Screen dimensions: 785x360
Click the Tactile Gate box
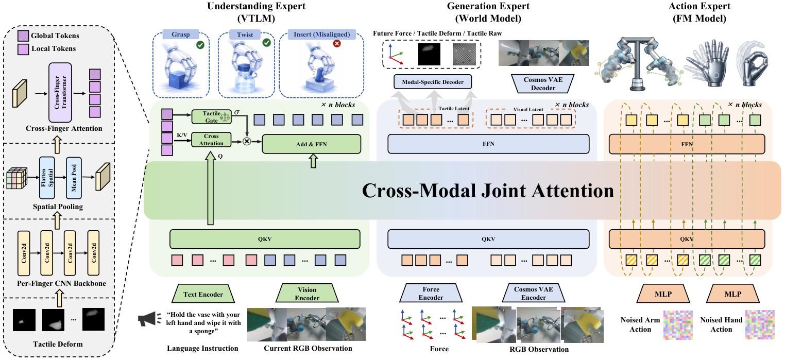coord(211,117)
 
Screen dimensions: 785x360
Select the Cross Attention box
coord(211,140)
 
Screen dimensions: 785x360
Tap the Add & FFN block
coord(311,144)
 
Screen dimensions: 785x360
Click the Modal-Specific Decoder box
coord(433,82)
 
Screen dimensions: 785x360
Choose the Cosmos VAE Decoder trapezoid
coord(543,84)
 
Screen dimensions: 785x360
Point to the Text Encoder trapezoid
coord(203,294)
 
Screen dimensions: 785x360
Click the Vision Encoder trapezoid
coord(307,294)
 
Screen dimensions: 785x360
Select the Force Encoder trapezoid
coord(431,293)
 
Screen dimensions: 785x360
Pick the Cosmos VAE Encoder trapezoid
coord(534,293)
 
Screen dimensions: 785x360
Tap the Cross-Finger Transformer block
coord(60,93)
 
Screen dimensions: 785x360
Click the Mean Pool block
coord(74,178)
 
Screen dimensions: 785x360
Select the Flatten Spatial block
coord(47,178)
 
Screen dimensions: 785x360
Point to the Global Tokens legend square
coord(23,36)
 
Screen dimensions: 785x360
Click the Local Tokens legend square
coord(23,49)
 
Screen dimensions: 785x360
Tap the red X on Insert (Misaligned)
coord(337,43)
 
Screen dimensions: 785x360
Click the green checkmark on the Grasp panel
coord(200,44)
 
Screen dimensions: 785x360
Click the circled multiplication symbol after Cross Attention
coord(247,141)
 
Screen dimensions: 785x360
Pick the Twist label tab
coord(245,35)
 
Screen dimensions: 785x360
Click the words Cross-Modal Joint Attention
coord(488,191)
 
